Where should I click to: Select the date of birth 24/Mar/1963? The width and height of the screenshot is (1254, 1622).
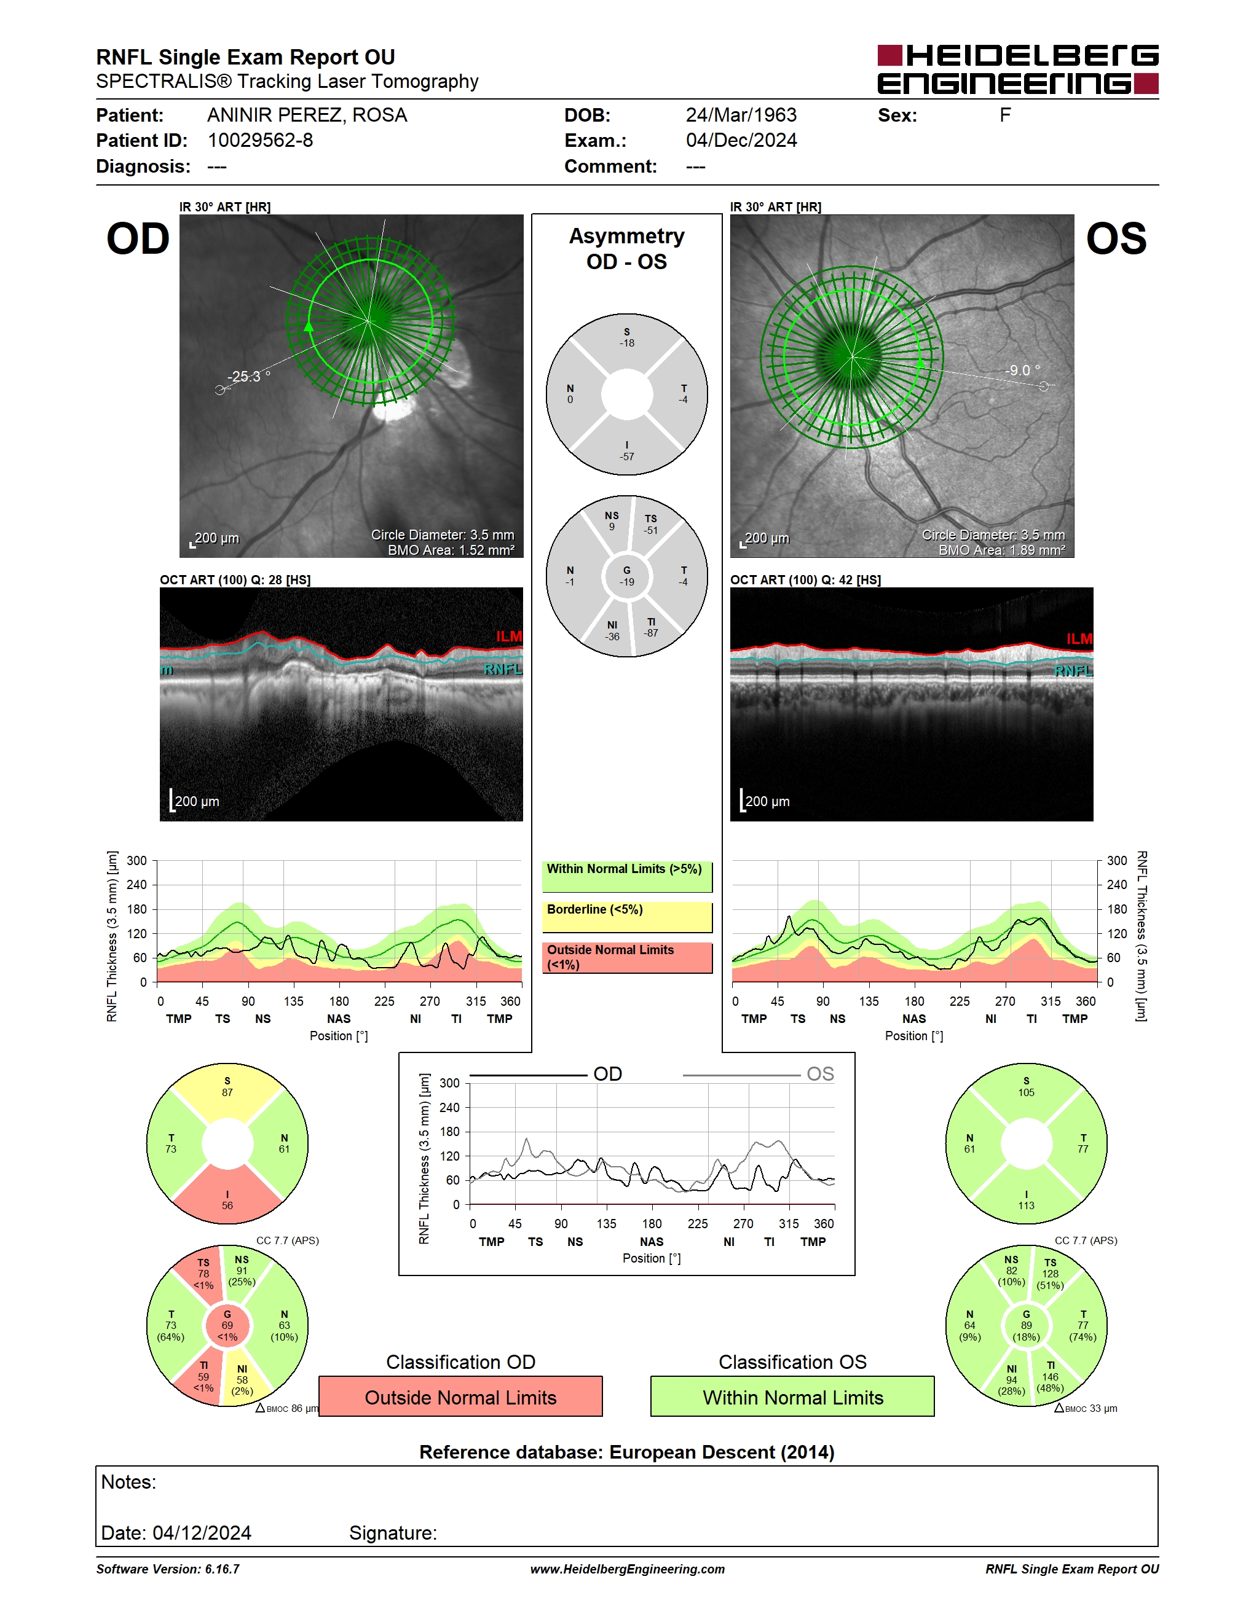pyautogui.click(x=741, y=115)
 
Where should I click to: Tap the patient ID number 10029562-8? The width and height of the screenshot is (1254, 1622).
pyautogui.click(x=260, y=140)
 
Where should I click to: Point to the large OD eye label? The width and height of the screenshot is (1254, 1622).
pyautogui.click(x=138, y=239)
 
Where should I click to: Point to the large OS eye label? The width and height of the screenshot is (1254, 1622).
pyautogui.click(x=1116, y=239)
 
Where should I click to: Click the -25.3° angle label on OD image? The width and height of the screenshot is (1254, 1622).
pyautogui.click(x=249, y=377)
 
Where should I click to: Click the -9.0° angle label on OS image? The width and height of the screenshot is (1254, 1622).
pyautogui.click(x=1022, y=370)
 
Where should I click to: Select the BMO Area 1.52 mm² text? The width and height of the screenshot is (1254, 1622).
pyautogui.click(x=451, y=550)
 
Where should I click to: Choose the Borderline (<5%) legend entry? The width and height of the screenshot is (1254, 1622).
pyautogui.click(x=627, y=917)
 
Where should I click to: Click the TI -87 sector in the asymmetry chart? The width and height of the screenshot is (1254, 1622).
pyautogui.click(x=652, y=627)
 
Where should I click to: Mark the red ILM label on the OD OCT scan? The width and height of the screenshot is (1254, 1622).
pyautogui.click(x=509, y=637)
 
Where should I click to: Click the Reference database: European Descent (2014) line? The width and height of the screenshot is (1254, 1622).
pyautogui.click(x=627, y=1452)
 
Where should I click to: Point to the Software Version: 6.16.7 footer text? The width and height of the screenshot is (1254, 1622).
pyautogui.click(x=168, y=1569)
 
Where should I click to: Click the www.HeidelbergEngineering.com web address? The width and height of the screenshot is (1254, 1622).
pyautogui.click(x=627, y=1569)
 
